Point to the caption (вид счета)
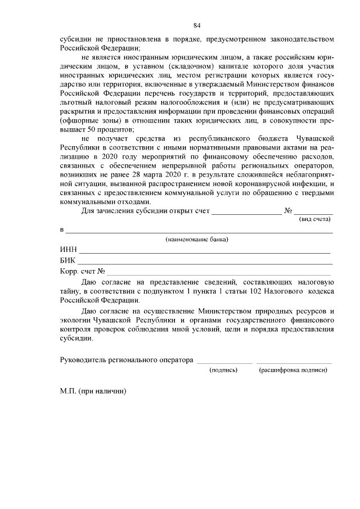pos(314,219)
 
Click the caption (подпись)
pos(223,370)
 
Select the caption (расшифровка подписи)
pos(292,370)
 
